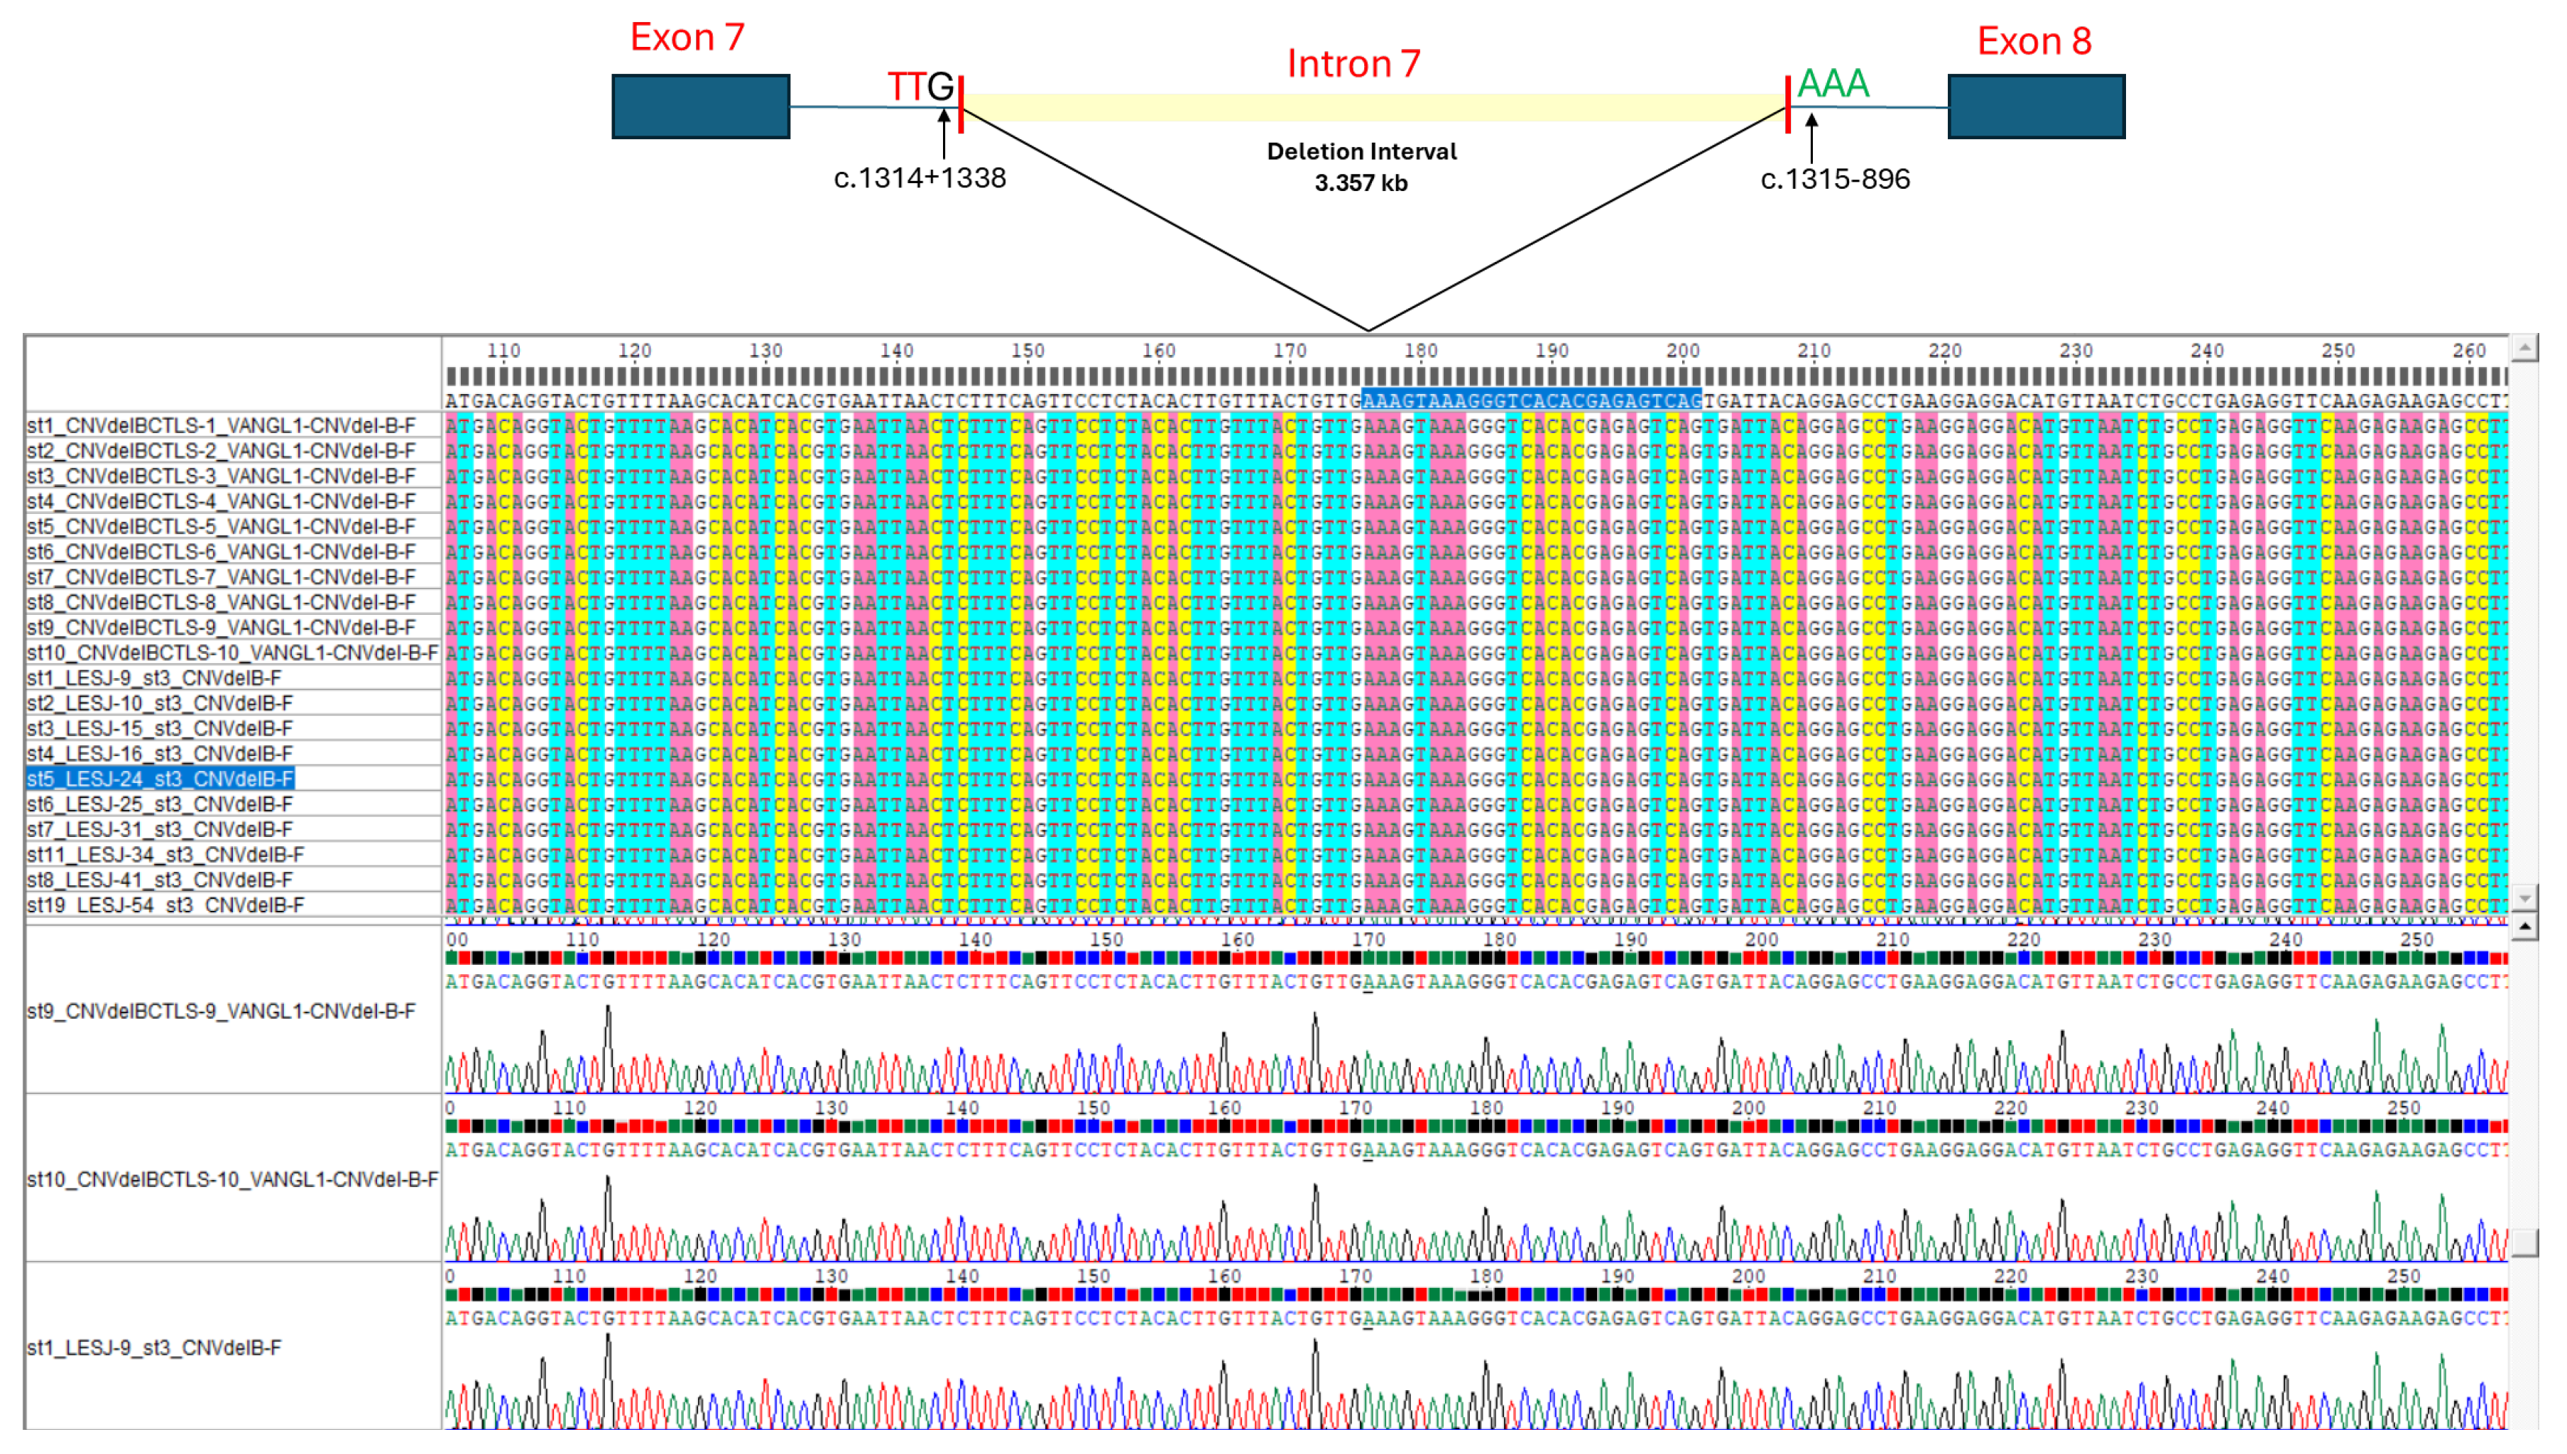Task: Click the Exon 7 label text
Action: [x=687, y=38]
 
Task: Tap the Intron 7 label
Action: [x=1353, y=64]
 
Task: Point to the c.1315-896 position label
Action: [x=1834, y=179]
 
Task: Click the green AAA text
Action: [x=1832, y=84]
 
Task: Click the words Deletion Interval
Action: [x=1361, y=152]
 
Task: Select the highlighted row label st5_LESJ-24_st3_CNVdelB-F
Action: [x=160, y=779]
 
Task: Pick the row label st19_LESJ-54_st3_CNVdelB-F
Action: [x=165, y=904]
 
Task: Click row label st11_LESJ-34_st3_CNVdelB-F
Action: [x=165, y=855]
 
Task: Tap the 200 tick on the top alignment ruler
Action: [x=1682, y=351]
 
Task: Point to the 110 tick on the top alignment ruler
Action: [x=503, y=351]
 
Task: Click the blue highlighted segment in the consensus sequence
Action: [x=1530, y=400]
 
